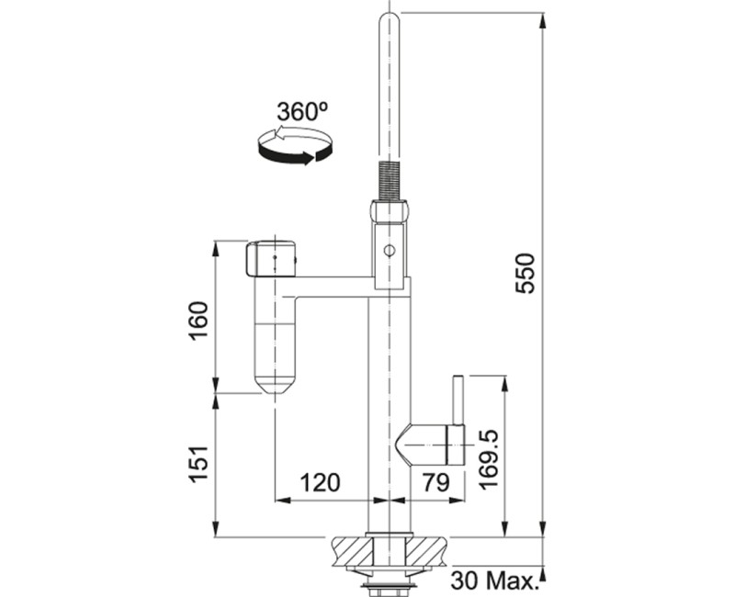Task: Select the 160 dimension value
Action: click(198, 318)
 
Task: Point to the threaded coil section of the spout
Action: click(389, 178)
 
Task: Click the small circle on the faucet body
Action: click(389, 250)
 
